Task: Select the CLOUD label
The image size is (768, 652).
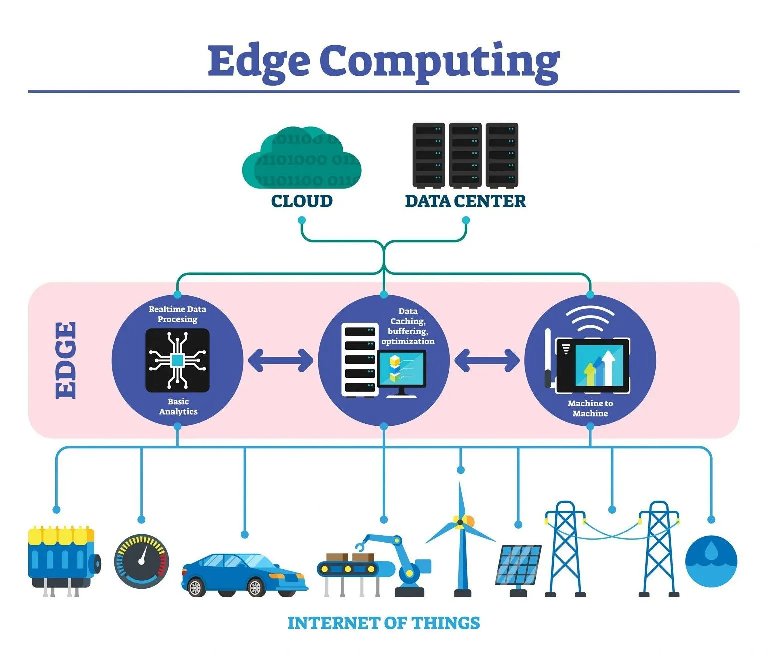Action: coord(302,201)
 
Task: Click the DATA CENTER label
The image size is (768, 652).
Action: coord(465,201)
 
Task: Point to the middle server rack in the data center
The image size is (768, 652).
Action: coord(465,155)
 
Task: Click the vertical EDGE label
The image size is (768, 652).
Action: coord(66,360)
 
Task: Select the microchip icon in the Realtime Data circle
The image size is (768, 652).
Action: coord(177,360)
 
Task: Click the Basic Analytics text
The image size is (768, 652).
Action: coord(178,407)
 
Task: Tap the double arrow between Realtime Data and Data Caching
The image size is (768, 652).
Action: coord(280,360)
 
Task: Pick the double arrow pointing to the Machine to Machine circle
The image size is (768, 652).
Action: coord(487,360)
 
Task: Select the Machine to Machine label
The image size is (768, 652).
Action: coord(590,408)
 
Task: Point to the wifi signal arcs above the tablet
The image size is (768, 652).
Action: coord(590,318)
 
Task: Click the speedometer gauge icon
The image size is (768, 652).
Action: coord(142,561)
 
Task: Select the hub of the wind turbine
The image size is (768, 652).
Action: coord(460,522)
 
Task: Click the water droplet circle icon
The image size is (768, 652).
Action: coord(711,561)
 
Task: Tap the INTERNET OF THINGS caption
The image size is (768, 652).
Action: coord(384,623)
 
